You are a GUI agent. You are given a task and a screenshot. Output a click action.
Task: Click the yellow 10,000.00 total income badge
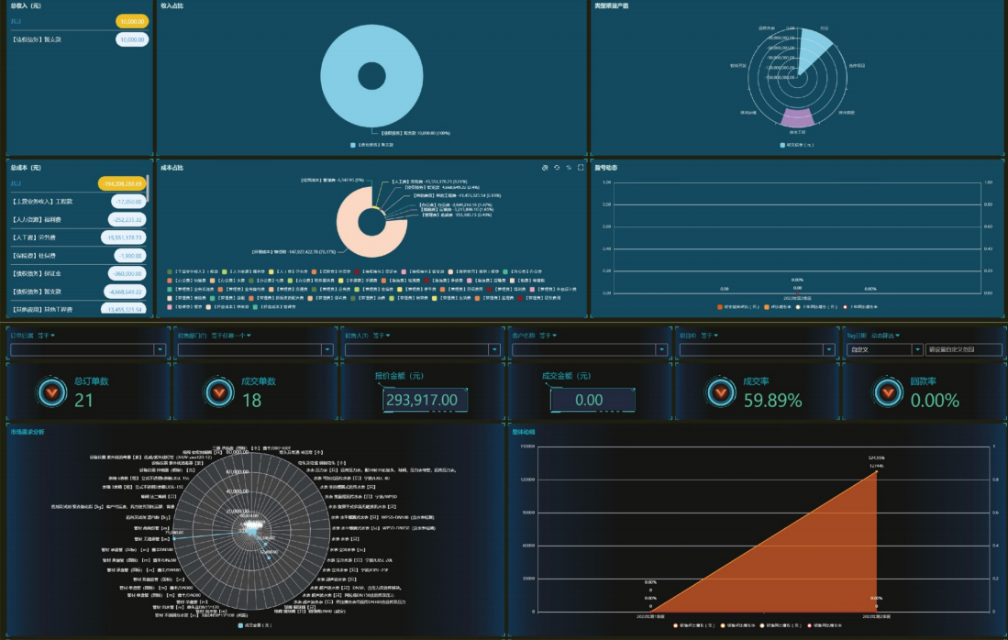(x=132, y=20)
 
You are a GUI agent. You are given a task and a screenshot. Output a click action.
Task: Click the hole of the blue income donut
(x=371, y=76)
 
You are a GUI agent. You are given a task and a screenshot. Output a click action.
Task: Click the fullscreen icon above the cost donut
(x=581, y=168)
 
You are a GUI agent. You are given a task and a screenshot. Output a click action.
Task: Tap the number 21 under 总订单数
(x=83, y=401)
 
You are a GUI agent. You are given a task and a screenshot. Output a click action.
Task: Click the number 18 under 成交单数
(x=251, y=401)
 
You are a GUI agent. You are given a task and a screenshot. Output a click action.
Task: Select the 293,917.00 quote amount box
(x=421, y=401)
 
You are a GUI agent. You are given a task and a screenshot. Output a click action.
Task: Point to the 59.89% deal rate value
(x=772, y=401)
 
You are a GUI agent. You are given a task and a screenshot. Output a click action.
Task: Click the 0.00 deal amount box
(x=589, y=401)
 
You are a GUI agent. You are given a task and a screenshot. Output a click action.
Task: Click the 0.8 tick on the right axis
(x=996, y=480)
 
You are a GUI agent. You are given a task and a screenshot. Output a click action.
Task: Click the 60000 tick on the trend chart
(x=526, y=546)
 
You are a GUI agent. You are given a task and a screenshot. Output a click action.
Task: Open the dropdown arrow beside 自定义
(x=917, y=349)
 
